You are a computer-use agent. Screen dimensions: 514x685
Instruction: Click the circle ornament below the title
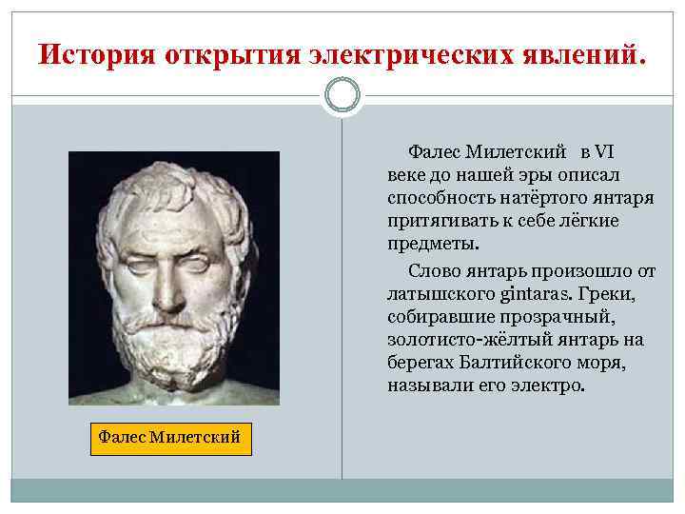click(x=342, y=95)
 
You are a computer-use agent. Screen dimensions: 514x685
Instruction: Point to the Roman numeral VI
click(x=606, y=152)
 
